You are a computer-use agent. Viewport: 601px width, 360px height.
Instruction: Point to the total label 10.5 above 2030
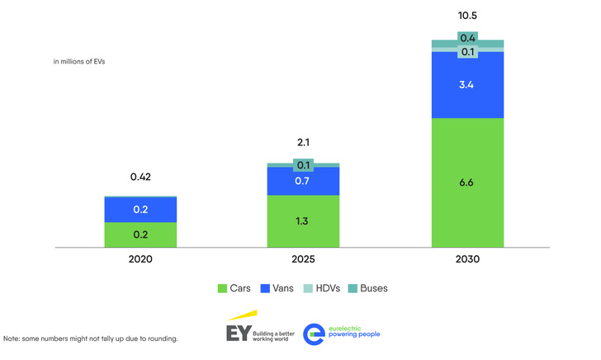pyautogui.click(x=467, y=17)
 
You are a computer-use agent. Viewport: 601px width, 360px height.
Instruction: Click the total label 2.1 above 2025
pyautogui.click(x=303, y=143)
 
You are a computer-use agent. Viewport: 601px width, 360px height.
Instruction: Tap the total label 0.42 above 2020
pyautogui.click(x=140, y=177)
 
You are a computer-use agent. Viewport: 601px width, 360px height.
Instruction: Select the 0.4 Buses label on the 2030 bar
pyautogui.click(x=467, y=38)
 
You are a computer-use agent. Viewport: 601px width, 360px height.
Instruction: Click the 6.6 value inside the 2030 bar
pyautogui.click(x=467, y=183)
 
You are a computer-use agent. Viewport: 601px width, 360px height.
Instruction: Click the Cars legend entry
pyautogui.click(x=234, y=288)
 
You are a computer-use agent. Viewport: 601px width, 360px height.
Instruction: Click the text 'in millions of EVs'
pyautogui.click(x=79, y=62)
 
